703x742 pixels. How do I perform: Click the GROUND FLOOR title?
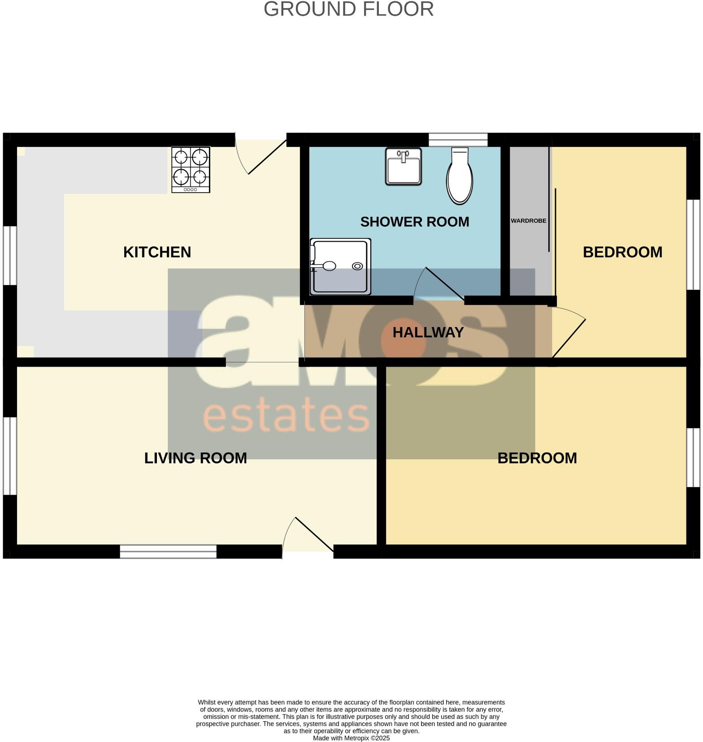348,9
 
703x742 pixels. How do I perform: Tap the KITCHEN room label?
157,252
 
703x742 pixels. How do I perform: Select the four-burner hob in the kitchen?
191,170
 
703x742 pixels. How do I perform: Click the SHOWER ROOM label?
414,222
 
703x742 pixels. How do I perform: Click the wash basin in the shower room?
404,167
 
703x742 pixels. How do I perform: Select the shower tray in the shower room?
341,267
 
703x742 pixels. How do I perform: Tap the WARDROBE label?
528,221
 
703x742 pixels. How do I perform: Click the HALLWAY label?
428,332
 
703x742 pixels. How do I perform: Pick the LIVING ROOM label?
195,458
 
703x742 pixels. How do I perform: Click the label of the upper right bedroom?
622,252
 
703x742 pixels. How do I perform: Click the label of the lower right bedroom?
537,458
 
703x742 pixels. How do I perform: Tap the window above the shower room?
458,140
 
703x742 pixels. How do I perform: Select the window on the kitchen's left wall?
10,255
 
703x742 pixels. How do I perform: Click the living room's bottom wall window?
168,552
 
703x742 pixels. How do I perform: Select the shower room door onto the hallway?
439,285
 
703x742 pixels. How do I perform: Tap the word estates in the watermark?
286,417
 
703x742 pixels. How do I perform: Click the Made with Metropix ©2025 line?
351,738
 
